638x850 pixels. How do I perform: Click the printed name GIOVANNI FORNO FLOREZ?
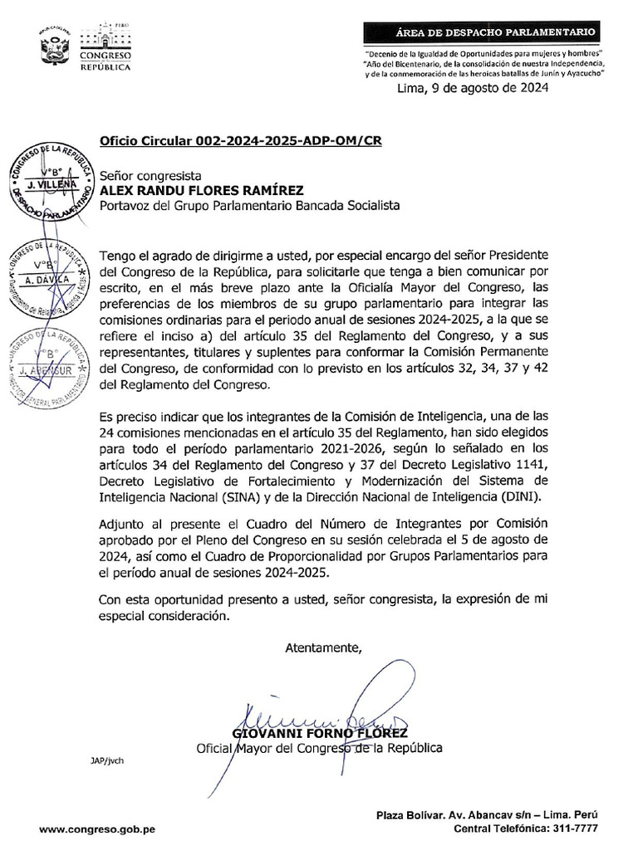(320, 734)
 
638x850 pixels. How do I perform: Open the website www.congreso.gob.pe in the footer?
(97, 828)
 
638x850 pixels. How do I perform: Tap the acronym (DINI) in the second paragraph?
(518, 496)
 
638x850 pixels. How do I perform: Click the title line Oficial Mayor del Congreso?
(318, 748)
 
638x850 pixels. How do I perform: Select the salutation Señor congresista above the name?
(150, 175)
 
